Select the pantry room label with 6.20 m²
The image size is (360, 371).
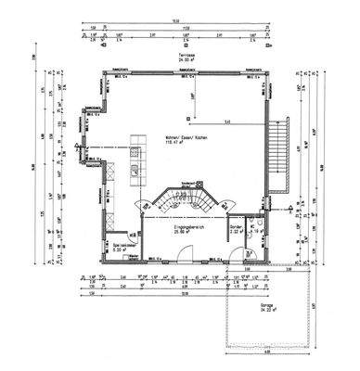(123, 245)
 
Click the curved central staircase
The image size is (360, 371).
(183, 197)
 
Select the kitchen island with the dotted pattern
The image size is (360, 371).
(139, 155)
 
